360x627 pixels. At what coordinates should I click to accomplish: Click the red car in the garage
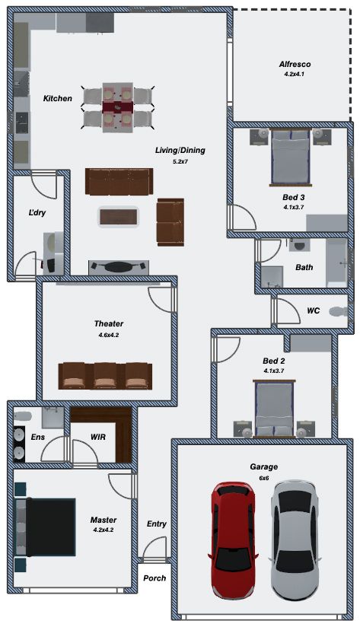[x=233, y=540]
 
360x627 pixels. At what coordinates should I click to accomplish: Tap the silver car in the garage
[x=295, y=540]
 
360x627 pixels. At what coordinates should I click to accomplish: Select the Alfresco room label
[x=295, y=64]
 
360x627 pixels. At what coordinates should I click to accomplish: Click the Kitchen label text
[x=58, y=98]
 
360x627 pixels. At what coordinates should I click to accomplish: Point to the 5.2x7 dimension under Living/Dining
[x=180, y=162]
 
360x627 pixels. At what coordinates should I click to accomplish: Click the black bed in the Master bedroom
[x=45, y=527]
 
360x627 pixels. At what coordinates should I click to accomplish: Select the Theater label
[x=108, y=323]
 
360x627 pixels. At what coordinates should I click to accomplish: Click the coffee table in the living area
[x=118, y=217]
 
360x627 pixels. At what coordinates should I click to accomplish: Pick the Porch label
[x=155, y=578]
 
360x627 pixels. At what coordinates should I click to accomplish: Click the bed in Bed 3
[x=291, y=158]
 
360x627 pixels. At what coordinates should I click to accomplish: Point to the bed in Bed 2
[x=275, y=409]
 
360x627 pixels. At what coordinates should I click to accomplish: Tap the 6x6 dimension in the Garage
[x=263, y=478]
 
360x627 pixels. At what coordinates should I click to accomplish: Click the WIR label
[x=98, y=437]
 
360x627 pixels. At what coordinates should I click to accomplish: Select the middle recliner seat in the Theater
[x=105, y=376]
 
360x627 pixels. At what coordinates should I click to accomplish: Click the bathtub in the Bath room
[x=336, y=263]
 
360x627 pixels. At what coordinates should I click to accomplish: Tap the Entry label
[x=156, y=524]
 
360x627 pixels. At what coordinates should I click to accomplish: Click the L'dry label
[x=37, y=213]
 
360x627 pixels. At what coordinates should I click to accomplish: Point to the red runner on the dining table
[x=118, y=107]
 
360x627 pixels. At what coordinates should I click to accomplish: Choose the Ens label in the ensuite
[x=37, y=437]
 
